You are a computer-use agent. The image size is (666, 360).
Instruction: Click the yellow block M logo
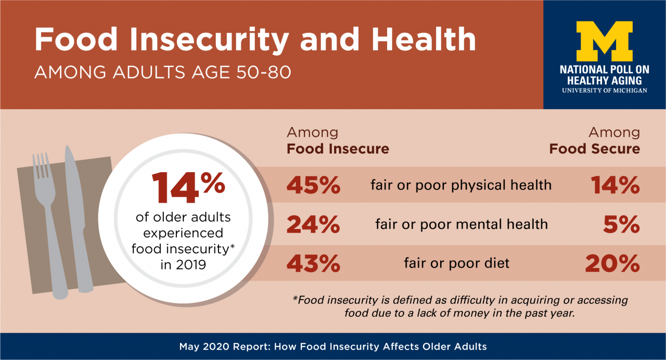coord(604,42)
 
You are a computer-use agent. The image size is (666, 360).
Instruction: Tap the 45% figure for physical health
coord(313,185)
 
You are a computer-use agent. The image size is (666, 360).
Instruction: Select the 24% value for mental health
coord(313,225)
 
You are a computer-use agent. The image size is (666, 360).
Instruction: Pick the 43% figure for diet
coord(313,264)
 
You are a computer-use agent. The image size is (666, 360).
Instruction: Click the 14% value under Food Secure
coord(615,185)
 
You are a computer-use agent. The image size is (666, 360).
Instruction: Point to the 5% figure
coord(622,225)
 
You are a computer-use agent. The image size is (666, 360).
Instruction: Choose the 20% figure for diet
coord(612,264)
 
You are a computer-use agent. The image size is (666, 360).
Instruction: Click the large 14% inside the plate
coord(188,188)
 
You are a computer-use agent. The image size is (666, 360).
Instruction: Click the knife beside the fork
coord(75,208)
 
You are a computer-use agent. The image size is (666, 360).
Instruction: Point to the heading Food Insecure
coord(338,149)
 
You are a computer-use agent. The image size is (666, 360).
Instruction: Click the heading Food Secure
coord(594,149)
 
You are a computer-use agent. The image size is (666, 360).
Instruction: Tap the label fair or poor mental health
coord(461,225)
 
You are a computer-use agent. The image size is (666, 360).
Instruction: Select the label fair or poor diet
coord(456,264)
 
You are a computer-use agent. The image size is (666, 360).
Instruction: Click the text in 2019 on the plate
coord(183,265)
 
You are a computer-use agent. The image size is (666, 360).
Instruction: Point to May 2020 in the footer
coord(201,346)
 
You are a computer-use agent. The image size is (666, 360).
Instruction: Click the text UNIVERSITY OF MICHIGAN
coord(604,91)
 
